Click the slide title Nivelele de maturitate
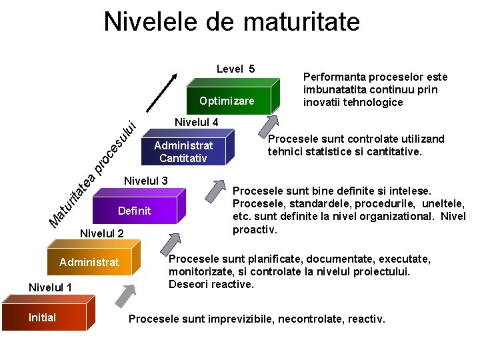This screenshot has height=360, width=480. coord(231,21)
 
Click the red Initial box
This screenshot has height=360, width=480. coord(43,318)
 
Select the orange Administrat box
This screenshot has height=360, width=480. coord(89,263)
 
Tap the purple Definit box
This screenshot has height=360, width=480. coord(135,211)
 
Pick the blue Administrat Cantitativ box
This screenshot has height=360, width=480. coord(183,152)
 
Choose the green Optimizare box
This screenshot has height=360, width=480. coord(227,101)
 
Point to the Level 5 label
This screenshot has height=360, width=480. coord(235,69)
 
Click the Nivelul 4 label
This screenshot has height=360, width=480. coord(196,122)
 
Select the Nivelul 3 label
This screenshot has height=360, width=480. coord(145,180)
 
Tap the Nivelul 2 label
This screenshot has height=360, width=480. coord(101,233)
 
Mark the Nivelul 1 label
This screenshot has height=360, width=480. coord(50,287)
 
